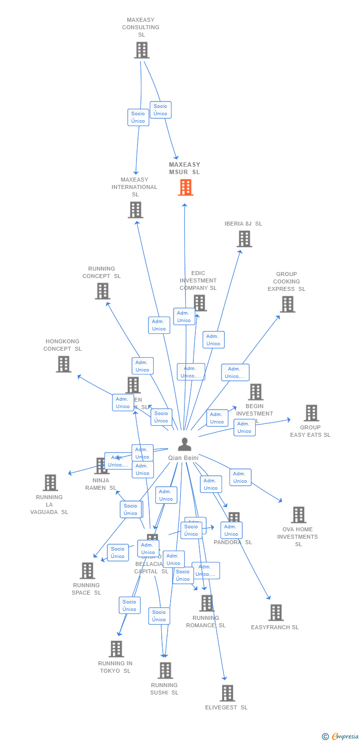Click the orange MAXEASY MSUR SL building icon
(x=185, y=187)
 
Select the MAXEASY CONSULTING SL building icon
(x=141, y=50)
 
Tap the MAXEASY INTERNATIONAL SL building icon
(x=135, y=210)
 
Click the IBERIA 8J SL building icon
(x=244, y=239)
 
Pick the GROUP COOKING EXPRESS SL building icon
(x=287, y=304)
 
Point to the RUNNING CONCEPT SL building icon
(x=102, y=291)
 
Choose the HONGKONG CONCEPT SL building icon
(x=63, y=364)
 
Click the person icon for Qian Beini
(x=184, y=444)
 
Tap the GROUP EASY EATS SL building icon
(x=311, y=413)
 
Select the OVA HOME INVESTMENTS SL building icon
(x=298, y=515)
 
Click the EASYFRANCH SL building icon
(x=276, y=612)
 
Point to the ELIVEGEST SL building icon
(x=227, y=693)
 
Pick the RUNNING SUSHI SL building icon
(x=165, y=670)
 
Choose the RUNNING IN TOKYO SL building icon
(x=116, y=649)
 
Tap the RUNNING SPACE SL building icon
(x=88, y=570)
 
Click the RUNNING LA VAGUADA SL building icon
(x=50, y=482)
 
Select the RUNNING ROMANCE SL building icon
(x=207, y=603)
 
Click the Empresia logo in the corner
(x=341, y=737)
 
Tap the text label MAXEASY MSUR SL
(x=184, y=168)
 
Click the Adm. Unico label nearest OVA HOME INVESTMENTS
(x=240, y=477)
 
